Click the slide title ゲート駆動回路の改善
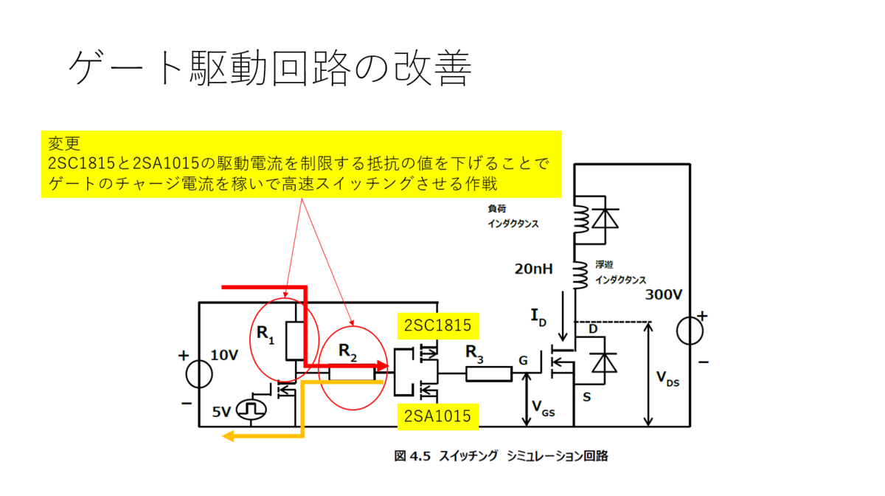270,68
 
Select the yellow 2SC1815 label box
438,326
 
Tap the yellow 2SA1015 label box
438,416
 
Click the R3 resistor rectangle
489,373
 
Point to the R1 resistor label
265,334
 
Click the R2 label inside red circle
347,352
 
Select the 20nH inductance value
533,269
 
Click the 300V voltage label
664,294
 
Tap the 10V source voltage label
224,355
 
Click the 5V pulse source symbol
251,409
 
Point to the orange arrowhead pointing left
228,436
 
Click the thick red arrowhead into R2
383,366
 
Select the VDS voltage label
667,379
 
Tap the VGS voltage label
544,409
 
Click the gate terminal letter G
523,361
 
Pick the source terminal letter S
587,396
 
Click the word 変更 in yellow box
64,143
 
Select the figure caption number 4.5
420,456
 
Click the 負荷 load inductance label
496,208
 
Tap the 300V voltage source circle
690,331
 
